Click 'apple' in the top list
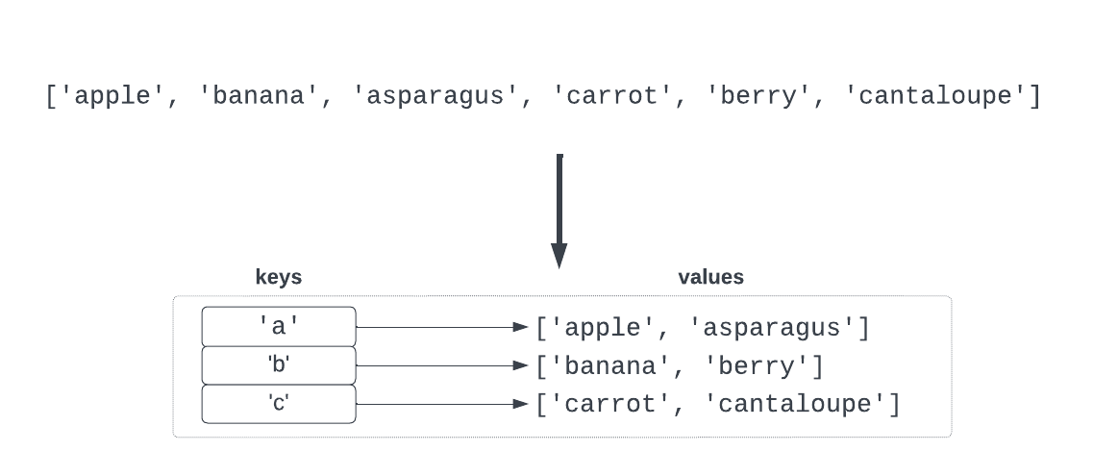coord(112,97)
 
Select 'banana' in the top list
coord(260,97)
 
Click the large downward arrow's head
coord(559,255)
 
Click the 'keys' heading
coord(278,278)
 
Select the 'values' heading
coord(710,278)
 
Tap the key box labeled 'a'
coord(279,326)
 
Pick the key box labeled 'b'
coord(279,364)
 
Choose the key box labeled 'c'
coord(279,403)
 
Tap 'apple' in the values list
coord(604,328)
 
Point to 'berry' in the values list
coord(764,366)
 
